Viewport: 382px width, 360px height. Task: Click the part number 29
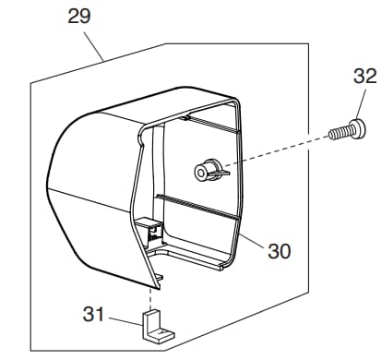(79, 17)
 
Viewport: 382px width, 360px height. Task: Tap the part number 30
(279, 251)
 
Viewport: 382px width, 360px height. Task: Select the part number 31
(93, 314)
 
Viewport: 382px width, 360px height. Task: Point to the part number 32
(365, 76)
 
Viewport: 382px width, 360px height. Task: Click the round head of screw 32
(358, 129)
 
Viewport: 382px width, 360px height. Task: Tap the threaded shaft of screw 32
(339, 134)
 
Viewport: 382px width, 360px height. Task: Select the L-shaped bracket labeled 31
(157, 326)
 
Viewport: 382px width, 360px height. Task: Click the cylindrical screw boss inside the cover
(207, 170)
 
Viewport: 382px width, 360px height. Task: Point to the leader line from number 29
(94, 46)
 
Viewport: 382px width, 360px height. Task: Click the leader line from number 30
(252, 241)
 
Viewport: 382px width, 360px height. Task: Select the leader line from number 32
(361, 104)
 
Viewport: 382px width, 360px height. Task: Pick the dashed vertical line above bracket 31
(150, 299)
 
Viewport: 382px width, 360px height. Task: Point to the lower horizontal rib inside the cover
(197, 207)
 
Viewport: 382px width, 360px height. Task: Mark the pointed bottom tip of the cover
(159, 289)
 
